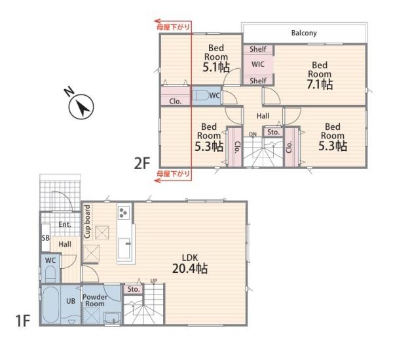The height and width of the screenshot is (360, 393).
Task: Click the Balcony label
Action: coord(304,33)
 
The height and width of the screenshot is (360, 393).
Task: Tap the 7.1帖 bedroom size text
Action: coord(320,85)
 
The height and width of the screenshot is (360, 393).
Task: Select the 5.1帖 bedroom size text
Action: coord(216,68)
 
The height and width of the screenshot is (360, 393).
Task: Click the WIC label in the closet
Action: coord(258,64)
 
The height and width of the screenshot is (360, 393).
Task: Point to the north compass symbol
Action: coord(81,107)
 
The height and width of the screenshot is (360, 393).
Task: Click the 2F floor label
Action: coord(142,164)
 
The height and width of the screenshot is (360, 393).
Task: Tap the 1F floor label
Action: coord(23,321)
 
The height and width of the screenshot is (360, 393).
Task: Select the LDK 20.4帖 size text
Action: coord(190,269)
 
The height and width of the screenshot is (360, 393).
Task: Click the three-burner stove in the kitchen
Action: coord(124,212)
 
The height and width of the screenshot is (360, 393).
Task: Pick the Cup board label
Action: coord(88,222)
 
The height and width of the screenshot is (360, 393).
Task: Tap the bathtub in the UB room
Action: coord(51,305)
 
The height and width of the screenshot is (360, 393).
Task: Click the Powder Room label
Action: coord(95,300)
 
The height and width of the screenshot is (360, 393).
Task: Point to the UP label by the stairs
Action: coord(154,281)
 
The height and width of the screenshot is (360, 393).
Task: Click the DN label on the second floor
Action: coord(253,134)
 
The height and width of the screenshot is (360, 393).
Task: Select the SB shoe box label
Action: coord(46,237)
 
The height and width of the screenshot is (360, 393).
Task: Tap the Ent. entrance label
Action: coord(65,224)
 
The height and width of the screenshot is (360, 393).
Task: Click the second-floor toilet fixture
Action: coord(201,95)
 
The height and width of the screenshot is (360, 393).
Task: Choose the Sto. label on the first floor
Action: coord(134,289)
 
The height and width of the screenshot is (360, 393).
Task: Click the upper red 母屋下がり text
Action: coord(173,27)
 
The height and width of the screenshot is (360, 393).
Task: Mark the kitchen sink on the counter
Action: coord(124,248)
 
